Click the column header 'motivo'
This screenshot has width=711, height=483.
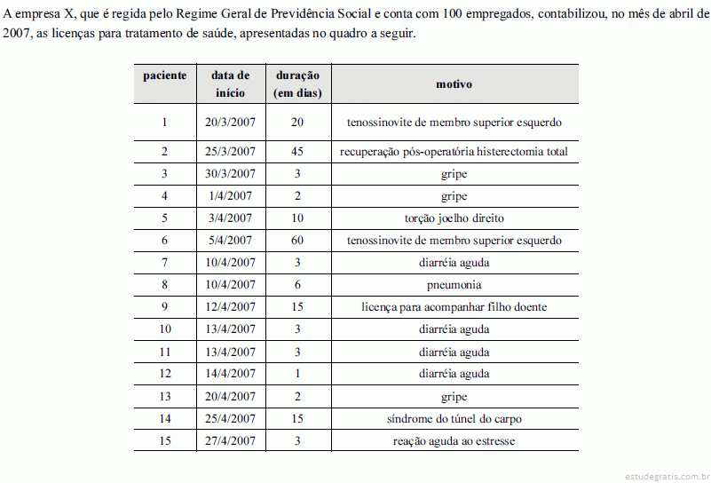[454, 84]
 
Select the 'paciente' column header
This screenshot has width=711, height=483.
[165, 75]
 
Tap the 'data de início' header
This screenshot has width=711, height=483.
[230, 83]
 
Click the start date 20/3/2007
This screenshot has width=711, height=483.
[230, 123]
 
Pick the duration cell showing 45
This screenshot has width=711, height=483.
[297, 152]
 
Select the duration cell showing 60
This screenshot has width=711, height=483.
[297, 241]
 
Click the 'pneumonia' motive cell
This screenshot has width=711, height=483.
[454, 285]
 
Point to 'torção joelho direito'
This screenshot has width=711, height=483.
[454, 218]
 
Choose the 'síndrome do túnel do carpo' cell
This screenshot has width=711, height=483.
[454, 418]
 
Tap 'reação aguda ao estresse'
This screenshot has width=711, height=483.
[454, 440]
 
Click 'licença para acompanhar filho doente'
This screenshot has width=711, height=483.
[454, 307]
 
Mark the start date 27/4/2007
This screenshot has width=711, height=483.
[230, 440]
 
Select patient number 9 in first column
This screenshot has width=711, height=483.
[165, 307]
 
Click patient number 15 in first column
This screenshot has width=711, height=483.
[165, 440]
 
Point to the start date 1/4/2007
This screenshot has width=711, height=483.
[230, 196]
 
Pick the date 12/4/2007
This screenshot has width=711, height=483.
[230, 307]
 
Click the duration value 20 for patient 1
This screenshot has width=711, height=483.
[297, 123]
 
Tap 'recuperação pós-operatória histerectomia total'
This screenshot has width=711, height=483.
[454, 152]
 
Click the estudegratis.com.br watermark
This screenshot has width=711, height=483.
[666, 475]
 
